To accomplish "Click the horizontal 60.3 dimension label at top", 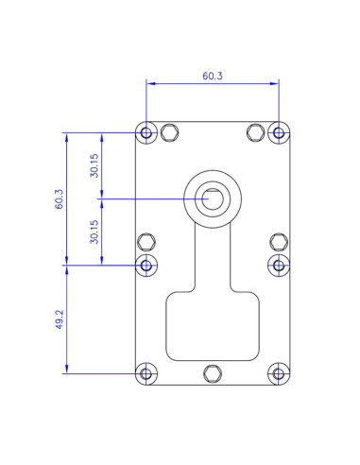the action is [213, 76].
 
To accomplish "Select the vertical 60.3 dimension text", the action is [60, 199].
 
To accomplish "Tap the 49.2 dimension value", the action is [60, 319].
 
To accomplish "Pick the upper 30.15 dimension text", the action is [94, 165].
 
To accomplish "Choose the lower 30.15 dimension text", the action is [94, 232].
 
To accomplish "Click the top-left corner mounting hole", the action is [146, 132].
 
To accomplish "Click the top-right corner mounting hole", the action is [279, 132].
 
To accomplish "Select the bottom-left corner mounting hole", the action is [146, 374].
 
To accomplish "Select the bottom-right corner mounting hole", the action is [279, 374].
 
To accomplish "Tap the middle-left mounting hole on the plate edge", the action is [146, 266].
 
